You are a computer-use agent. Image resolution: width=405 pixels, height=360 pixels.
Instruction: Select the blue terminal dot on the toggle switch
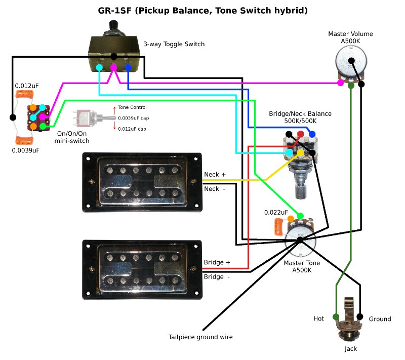[x=128, y=67]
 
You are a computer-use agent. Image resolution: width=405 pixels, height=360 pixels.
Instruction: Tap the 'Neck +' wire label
[x=215, y=175]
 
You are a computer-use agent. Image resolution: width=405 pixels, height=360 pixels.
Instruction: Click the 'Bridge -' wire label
[x=217, y=277]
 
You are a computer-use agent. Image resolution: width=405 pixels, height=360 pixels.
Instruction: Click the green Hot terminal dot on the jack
[x=336, y=317]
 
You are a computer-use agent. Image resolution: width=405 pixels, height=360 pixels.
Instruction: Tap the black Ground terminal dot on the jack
[x=360, y=317]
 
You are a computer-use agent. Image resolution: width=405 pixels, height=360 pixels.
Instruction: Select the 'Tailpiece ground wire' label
[x=200, y=337]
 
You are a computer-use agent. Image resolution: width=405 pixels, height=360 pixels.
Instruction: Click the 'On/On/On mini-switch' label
[x=71, y=137]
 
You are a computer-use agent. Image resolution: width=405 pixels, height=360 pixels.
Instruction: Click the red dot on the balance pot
[x=301, y=134]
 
